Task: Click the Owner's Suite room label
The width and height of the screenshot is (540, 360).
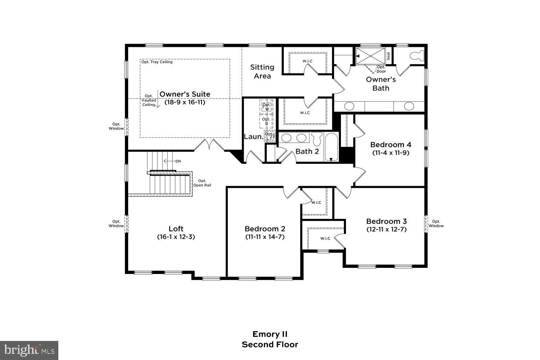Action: coord(185,94)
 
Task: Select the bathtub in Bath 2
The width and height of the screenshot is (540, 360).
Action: coord(331,147)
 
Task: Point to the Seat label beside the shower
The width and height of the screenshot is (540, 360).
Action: coord(388,56)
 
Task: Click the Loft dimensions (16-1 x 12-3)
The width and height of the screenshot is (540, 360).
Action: coord(176,237)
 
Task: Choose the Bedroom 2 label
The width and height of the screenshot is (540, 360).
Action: coord(265,229)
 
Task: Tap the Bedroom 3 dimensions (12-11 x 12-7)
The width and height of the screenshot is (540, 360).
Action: coord(386,229)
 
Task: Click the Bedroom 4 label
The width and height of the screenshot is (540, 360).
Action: coord(391,145)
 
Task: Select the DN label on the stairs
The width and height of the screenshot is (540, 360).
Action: coord(178,161)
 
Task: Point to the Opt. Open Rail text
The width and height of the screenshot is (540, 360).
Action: coord(202,183)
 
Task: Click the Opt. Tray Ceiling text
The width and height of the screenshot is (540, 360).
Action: coord(157,62)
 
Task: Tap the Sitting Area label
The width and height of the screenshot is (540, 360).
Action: coord(262,71)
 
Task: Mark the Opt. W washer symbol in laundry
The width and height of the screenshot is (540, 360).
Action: coord(267,107)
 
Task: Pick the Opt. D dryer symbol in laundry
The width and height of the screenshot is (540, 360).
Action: coord(266,121)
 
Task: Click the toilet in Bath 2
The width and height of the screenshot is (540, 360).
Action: coord(316,139)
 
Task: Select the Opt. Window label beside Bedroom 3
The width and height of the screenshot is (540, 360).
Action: coord(436,224)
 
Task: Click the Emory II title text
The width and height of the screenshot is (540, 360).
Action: coord(270,334)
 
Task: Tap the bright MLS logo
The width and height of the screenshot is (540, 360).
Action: coord(29,350)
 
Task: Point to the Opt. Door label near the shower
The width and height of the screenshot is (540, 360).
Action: coord(381,69)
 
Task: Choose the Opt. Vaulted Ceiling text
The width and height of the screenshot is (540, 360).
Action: coord(149,100)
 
